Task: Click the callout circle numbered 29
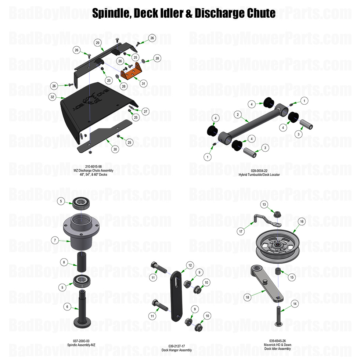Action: tap(98, 43)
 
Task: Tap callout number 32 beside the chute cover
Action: tap(53, 97)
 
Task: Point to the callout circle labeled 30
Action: tap(115, 150)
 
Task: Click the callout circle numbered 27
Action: tap(145, 111)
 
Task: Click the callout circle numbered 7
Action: tap(55, 240)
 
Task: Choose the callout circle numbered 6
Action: tap(67, 306)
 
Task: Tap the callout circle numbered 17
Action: tap(241, 232)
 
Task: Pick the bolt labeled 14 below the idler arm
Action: tap(279, 315)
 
